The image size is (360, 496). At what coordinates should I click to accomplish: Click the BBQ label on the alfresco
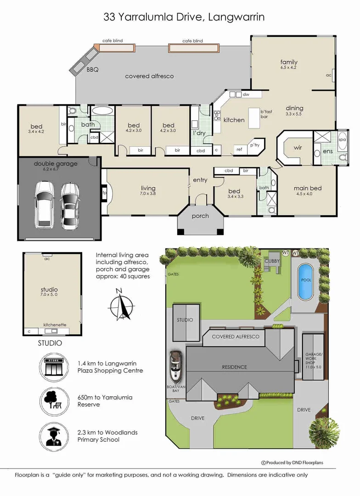click(x=92, y=70)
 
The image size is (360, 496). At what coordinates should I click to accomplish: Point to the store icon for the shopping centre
click(x=54, y=366)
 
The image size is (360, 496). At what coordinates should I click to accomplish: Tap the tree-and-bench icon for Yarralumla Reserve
click(x=54, y=401)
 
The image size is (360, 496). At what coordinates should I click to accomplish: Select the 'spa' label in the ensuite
click(x=342, y=140)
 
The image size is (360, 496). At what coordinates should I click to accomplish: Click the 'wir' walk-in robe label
click(x=298, y=147)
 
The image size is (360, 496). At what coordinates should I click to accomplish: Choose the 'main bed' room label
click(x=308, y=188)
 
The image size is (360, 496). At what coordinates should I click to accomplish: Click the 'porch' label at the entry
click(x=200, y=216)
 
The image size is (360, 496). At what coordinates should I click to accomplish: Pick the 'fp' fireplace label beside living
click(x=104, y=192)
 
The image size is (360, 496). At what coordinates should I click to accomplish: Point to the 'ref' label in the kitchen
click(x=240, y=149)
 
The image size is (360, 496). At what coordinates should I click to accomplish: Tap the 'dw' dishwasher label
click(x=246, y=94)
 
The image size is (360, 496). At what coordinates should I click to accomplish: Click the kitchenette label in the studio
click(x=55, y=325)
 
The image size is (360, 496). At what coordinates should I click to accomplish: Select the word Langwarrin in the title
click(x=236, y=17)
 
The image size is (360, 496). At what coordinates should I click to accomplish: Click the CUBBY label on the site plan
click(x=272, y=261)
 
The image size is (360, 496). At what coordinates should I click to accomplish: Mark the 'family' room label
click(x=288, y=62)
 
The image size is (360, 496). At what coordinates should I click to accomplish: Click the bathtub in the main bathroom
click(x=102, y=111)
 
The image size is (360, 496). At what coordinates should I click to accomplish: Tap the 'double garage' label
click(x=56, y=164)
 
